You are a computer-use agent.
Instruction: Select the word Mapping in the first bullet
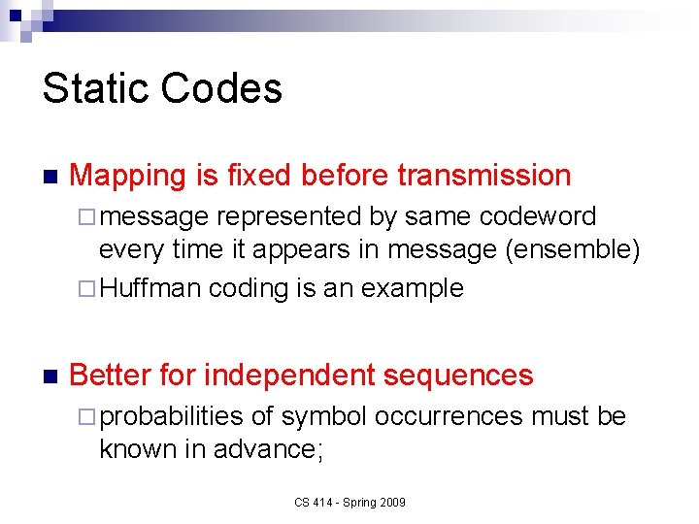[x=128, y=176]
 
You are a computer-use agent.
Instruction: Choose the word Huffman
[x=150, y=288]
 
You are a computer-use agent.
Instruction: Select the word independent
[x=289, y=375]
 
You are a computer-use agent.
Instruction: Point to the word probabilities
[x=171, y=416]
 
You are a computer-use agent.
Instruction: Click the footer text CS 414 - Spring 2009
[x=350, y=503]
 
